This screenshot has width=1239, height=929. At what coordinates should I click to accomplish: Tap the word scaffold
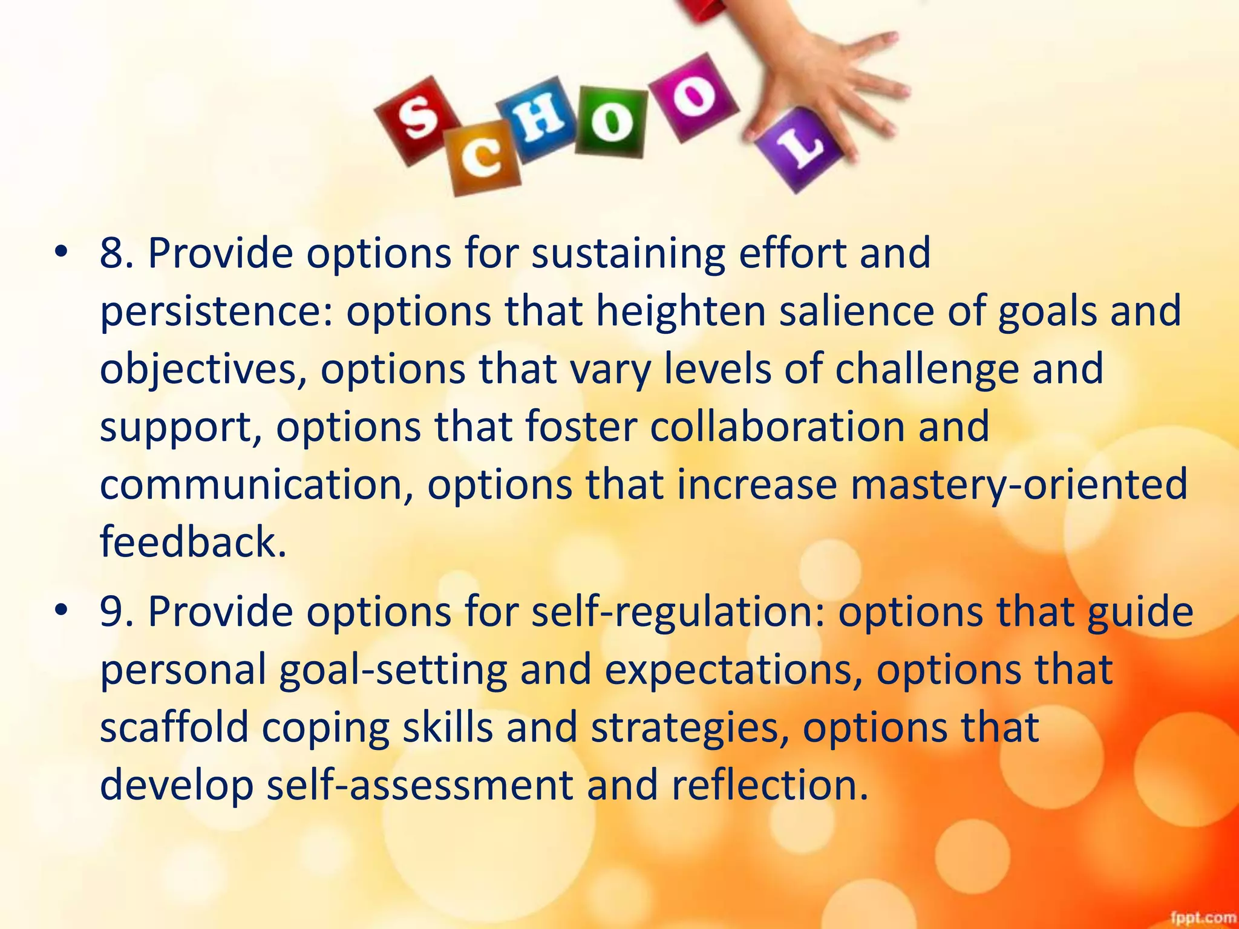tap(174, 727)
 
